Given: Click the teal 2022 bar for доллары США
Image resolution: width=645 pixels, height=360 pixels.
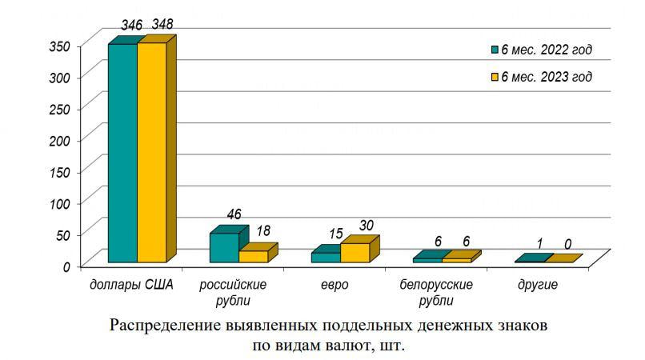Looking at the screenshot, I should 122,152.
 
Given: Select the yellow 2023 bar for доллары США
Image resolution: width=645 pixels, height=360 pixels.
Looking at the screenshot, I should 151,152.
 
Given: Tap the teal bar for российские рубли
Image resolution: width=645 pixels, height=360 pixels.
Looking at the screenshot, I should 223,247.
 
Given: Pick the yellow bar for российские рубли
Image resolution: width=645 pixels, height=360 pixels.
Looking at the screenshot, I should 253,256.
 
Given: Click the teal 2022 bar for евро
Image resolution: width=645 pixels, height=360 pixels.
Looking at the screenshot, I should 326,257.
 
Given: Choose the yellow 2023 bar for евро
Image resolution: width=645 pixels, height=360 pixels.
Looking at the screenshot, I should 355,252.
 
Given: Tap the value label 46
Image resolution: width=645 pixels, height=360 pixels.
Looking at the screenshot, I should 234,214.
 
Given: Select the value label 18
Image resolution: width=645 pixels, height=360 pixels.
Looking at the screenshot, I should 263,231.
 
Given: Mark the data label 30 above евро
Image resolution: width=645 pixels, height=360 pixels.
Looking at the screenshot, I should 366,226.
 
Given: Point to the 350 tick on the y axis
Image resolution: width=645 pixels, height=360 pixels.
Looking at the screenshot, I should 61,46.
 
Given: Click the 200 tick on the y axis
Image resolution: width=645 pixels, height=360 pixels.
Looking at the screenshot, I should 61,140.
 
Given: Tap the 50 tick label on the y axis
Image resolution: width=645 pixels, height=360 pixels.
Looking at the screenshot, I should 64,234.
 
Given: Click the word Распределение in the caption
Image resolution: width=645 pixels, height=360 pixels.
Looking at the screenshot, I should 165,326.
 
